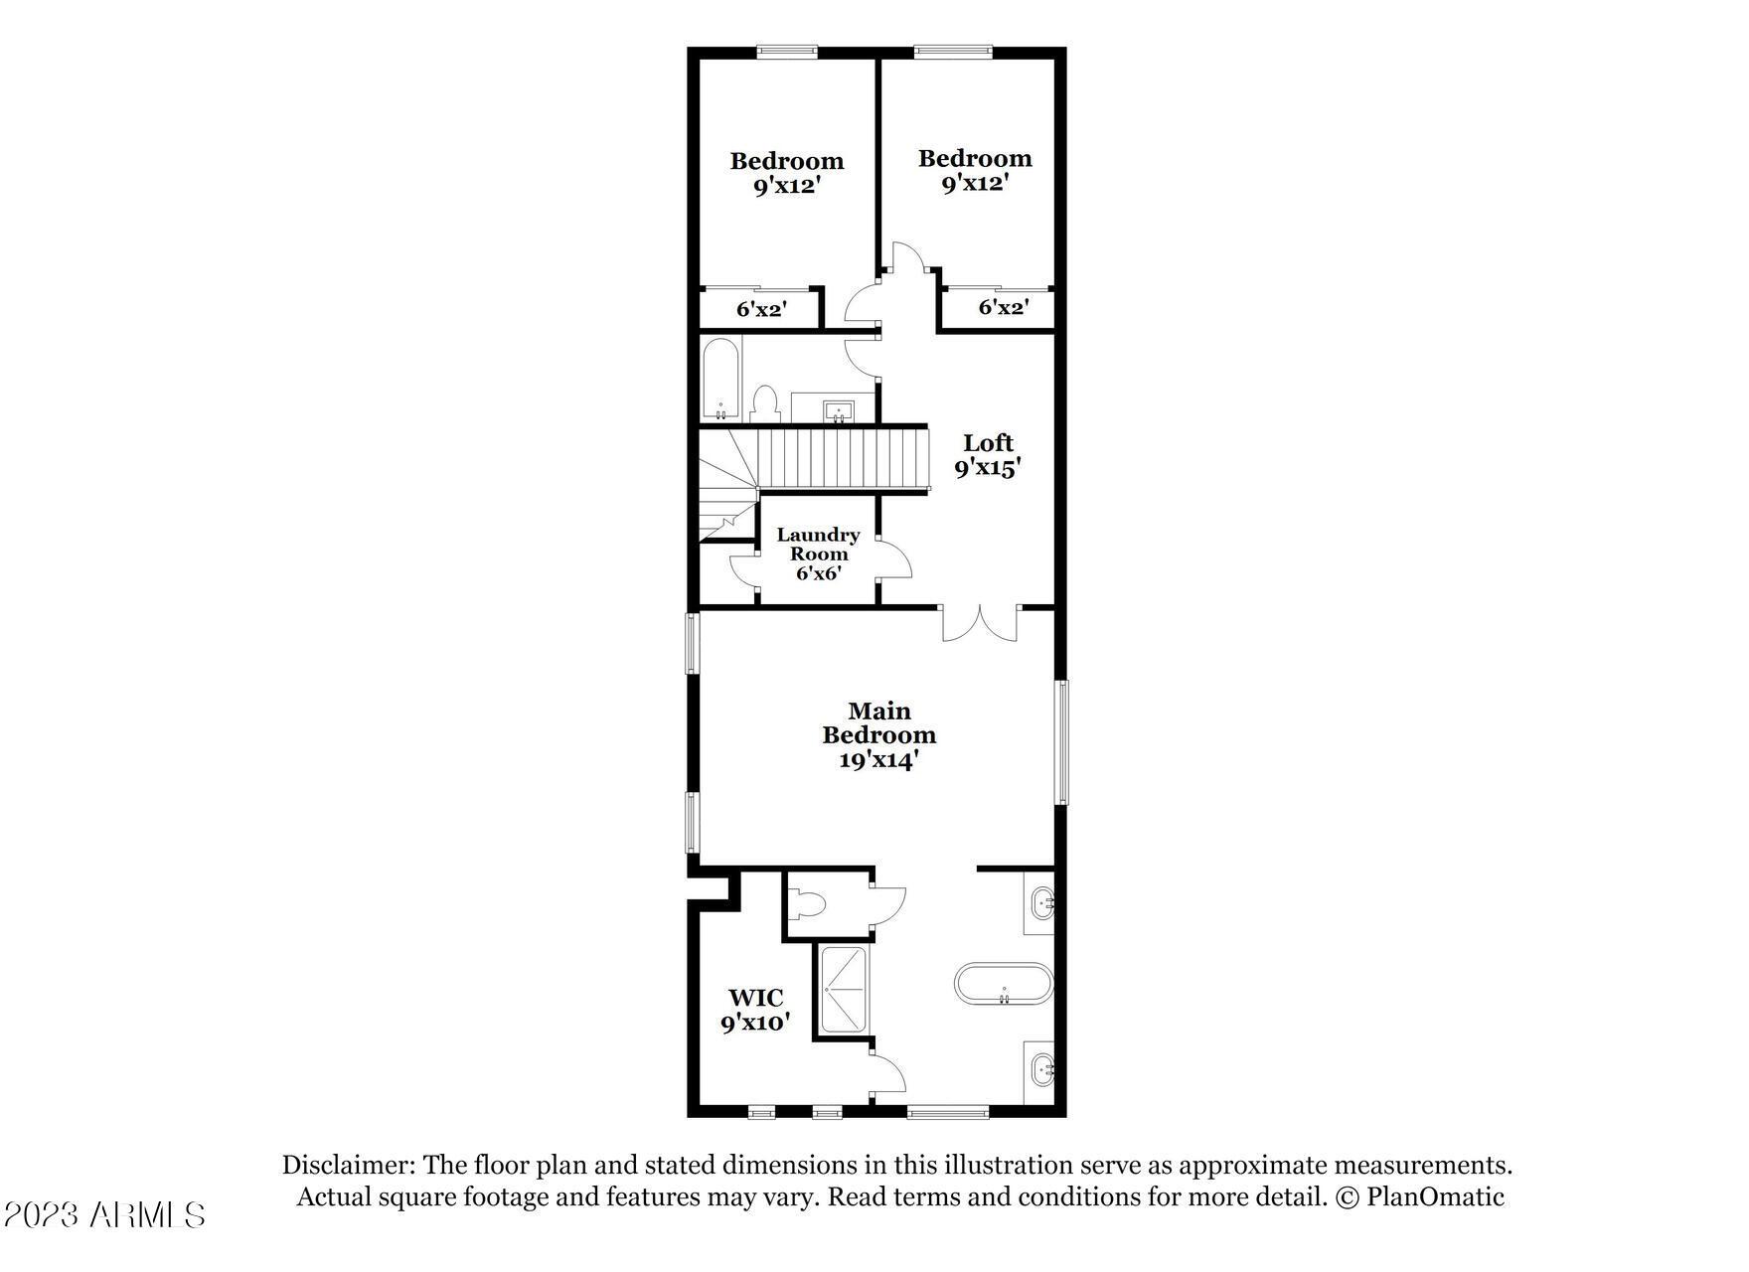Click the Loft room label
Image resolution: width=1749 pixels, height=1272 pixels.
coord(989,443)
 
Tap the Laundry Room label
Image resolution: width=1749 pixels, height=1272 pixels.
coord(818,544)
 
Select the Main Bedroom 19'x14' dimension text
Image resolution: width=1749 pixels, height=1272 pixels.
coord(879,760)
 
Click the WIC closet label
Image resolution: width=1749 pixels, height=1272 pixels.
coord(755,998)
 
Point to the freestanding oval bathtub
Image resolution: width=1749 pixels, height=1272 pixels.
coord(1004,984)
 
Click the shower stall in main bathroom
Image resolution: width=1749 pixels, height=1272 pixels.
coord(843,990)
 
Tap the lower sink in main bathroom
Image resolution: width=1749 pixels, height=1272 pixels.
coord(1040,1071)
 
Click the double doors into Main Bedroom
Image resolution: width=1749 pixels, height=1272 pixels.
coord(981,623)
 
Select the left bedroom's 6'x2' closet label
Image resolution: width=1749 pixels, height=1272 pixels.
coord(761,309)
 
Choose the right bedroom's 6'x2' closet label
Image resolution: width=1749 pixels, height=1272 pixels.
coord(1003,307)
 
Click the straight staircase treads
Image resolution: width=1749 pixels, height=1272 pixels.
coord(843,458)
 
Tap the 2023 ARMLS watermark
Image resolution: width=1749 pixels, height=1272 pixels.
coord(104,1214)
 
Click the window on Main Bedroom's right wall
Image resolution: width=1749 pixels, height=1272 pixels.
coord(1061,741)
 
